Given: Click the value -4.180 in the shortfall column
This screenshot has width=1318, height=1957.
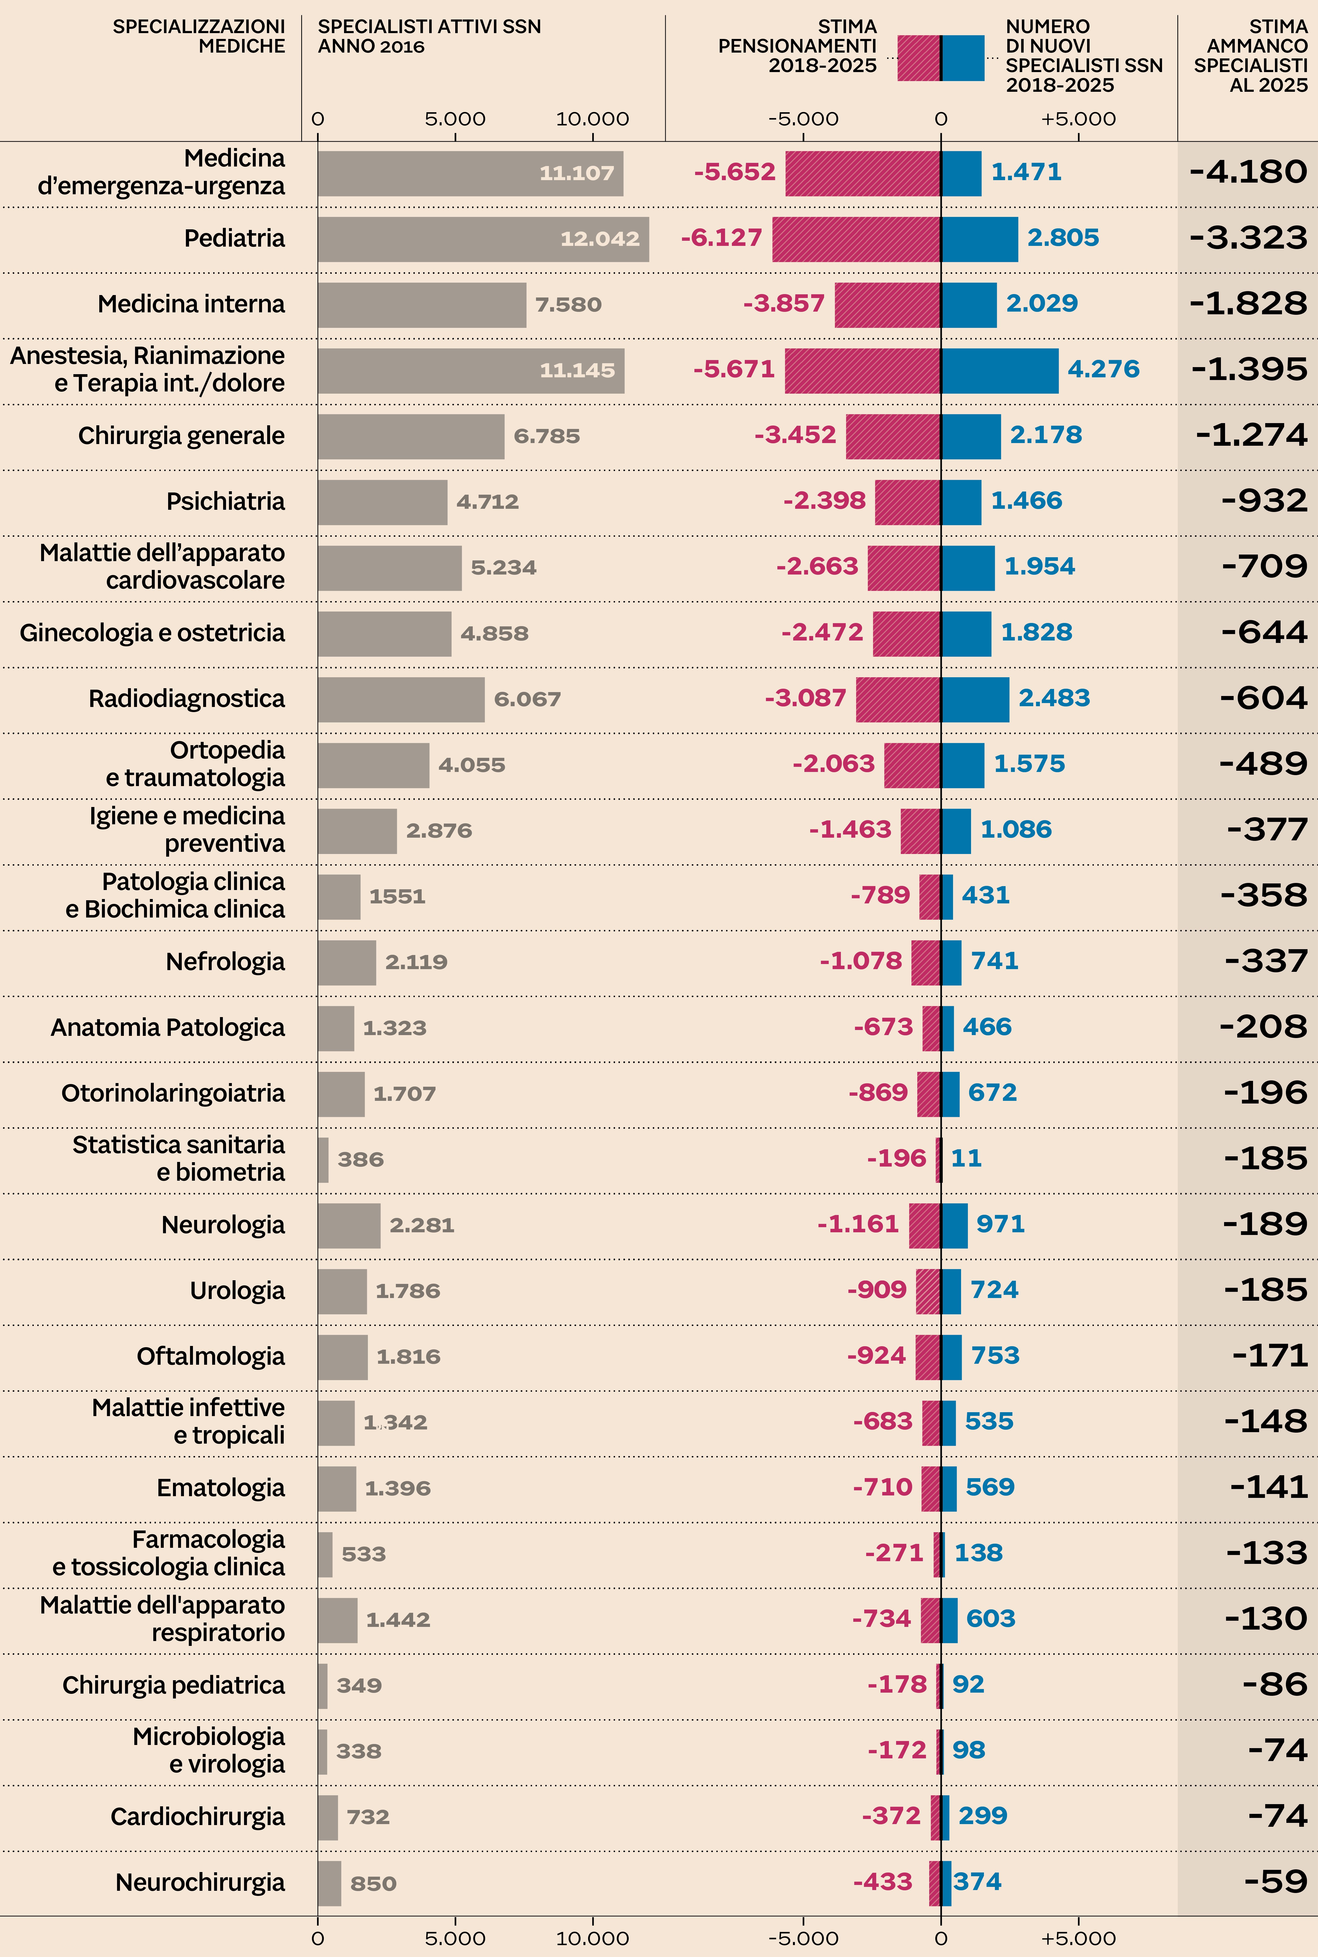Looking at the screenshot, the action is [1248, 172].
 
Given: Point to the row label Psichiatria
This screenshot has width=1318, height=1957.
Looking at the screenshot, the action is [225, 501].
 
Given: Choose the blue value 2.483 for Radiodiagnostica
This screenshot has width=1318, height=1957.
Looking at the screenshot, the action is [1054, 698].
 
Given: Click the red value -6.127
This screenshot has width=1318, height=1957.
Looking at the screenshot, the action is [721, 238].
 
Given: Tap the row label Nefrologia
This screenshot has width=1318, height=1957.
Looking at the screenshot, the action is [225, 961].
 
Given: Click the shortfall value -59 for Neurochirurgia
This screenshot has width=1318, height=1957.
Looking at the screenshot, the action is [1276, 1881].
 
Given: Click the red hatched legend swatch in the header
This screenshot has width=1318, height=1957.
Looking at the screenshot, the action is [919, 58].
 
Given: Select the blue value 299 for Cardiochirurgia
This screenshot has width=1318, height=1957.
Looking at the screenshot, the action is [983, 1816].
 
